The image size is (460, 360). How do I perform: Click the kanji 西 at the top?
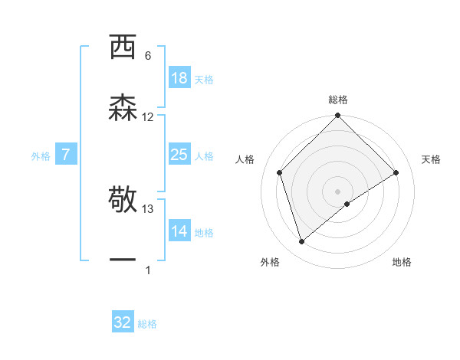point(123,47)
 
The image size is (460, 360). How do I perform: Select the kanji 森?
point(123,107)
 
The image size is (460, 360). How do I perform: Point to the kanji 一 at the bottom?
point(123,260)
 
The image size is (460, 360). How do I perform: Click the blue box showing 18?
point(179,78)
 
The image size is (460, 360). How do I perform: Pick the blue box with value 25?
point(179,155)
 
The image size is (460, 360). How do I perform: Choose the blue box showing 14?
point(179,231)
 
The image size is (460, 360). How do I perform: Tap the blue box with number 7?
point(66,155)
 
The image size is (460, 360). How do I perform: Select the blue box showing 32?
point(123,322)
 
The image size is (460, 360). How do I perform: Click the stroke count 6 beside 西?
point(148,56)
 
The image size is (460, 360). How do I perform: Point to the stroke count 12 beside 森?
point(148,116)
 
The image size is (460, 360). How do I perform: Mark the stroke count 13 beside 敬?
point(148,208)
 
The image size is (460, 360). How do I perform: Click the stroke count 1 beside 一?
point(148,270)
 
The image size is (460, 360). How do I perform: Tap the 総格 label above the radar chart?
point(338,100)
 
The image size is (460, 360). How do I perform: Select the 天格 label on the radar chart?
point(431,159)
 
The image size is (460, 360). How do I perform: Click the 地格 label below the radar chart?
point(402,262)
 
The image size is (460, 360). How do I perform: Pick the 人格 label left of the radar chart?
point(245,159)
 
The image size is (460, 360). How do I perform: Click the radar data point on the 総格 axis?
point(338,116)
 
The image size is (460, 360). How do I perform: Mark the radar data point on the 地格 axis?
point(347,204)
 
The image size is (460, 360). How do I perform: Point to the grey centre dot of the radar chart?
point(338,191)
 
